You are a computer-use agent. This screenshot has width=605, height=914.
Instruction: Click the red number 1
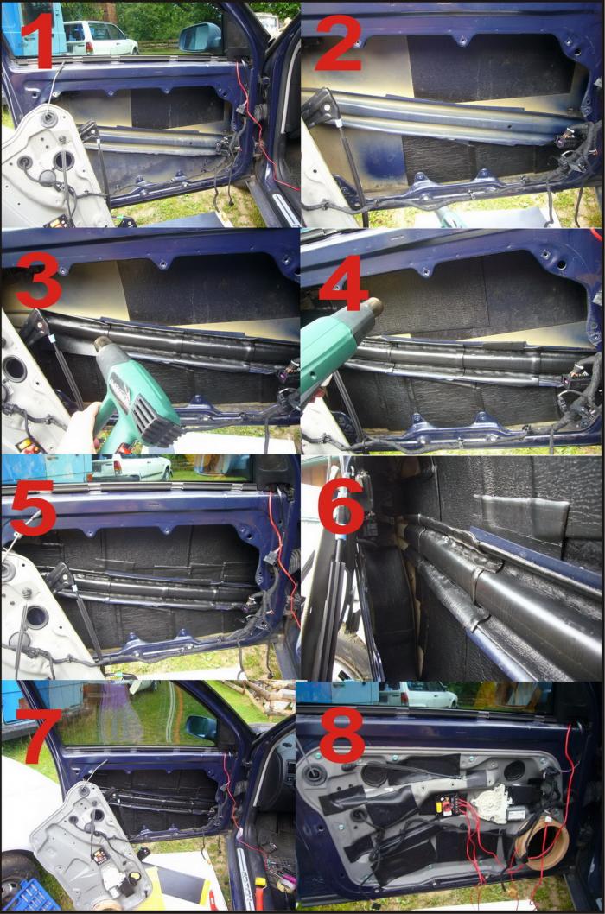(43, 39)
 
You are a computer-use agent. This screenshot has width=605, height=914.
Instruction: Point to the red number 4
(343, 283)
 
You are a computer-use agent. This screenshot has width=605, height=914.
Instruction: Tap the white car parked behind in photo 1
(99, 37)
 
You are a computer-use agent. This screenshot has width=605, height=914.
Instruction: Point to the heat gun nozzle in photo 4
(373, 307)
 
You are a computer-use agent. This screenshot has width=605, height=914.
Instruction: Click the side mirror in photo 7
(202, 727)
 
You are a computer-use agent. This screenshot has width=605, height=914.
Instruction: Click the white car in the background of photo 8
(427, 695)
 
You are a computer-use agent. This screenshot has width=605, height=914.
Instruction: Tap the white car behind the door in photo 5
(132, 468)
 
